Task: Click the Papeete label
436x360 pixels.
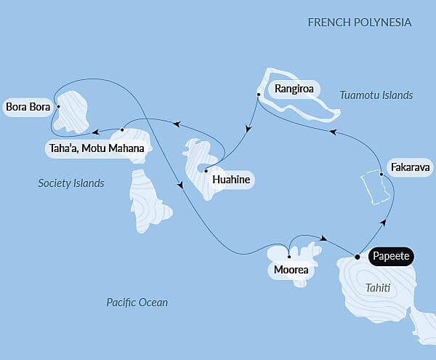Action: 391,256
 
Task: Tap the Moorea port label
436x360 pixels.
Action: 290,271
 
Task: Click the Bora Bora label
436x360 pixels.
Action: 28,108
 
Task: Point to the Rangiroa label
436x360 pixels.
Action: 293,89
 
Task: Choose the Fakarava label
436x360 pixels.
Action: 409,167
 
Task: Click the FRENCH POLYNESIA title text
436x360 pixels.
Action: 360,23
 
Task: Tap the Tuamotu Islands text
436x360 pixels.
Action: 376,95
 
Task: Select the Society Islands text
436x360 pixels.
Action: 71,183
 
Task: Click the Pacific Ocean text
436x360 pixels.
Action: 137,302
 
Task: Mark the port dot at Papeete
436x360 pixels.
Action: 357,256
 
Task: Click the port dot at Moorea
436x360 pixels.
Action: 289,257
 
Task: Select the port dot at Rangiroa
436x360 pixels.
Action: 259,95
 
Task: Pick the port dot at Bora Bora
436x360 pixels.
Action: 57,108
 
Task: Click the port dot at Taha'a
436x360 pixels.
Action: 122,130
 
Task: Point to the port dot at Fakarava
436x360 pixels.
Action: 382,173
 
